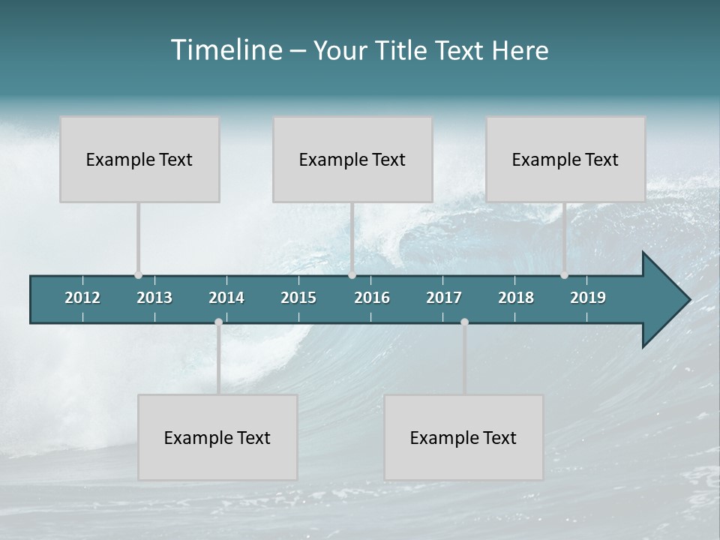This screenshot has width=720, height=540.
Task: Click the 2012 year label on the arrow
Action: (x=82, y=298)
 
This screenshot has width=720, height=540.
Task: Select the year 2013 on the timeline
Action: (x=154, y=298)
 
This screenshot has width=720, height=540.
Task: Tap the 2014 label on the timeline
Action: (x=226, y=298)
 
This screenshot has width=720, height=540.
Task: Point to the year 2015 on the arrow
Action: (x=298, y=298)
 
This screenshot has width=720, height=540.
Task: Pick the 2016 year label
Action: (x=372, y=298)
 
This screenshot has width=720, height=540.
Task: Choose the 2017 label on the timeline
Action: (x=444, y=298)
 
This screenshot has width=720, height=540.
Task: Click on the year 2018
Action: (x=516, y=298)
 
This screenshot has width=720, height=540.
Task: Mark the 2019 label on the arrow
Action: (x=588, y=298)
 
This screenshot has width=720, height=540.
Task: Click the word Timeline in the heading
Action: (x=225, y=50)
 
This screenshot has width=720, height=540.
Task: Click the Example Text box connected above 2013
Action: (x=139, y=159)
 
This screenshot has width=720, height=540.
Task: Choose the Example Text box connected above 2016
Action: (x=352, y=159)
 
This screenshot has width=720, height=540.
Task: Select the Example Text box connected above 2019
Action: (x=565, y=159)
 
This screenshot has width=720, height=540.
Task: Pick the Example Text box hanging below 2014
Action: (x=217, y=437)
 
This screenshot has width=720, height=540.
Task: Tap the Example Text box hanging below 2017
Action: (x=463, y=437)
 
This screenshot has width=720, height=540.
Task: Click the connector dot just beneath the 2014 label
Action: (x=218, y=322)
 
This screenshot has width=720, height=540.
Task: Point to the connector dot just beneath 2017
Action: (x=464, y=322)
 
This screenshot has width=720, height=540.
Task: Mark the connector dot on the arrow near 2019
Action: (x=565, y=275)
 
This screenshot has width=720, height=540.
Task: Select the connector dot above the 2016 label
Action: (x=352, y=275)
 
